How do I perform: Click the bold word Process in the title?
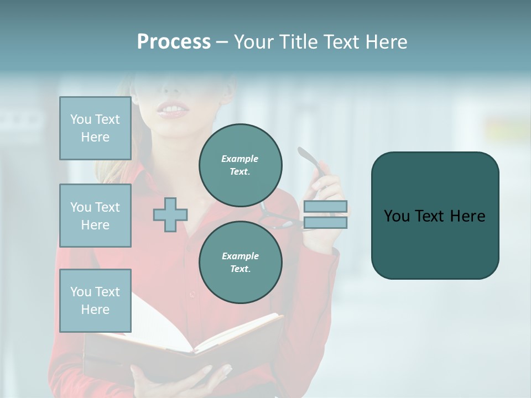pos(174,42)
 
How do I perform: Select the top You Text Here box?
pos(95,128)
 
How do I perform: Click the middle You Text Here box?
pos(95,216)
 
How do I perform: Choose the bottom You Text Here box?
pos(95,300)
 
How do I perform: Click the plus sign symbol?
pos(170,214)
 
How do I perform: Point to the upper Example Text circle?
pos(241,165)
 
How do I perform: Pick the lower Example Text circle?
pos(241,262)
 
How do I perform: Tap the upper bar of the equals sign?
pos(325,206)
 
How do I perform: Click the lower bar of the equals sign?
pos(325,222)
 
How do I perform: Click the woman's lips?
pos(173,111)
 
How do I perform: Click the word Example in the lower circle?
pos(241,256)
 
